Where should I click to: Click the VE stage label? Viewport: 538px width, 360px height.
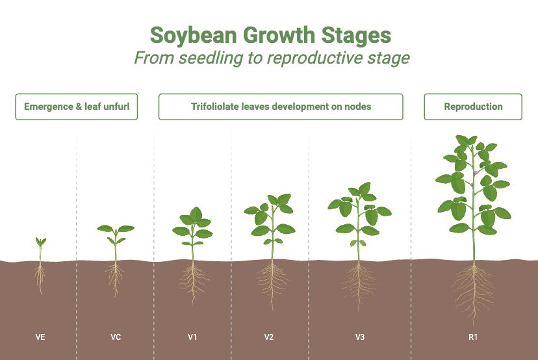point(40,337)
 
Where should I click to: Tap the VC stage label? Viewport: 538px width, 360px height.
point(116,337)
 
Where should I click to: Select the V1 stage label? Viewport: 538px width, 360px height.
point(192,337)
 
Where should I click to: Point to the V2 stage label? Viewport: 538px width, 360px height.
point(268,337)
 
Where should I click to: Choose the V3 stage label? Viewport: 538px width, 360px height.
point(359,337)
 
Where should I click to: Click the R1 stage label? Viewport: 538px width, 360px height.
point(473,337)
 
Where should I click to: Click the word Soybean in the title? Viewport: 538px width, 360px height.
point(194,36)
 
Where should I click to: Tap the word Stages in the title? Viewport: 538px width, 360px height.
point(356,36)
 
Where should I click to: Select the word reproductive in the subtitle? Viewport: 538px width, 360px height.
point(314,58)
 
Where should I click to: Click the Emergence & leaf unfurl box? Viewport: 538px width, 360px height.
point(77,107)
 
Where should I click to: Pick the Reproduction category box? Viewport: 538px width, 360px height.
point(473,107)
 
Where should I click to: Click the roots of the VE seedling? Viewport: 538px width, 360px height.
point(40,278)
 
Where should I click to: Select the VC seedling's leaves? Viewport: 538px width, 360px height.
point(116,231)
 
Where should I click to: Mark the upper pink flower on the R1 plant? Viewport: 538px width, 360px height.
point(476,173)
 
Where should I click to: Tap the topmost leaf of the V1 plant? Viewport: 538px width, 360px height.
point(196,213)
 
